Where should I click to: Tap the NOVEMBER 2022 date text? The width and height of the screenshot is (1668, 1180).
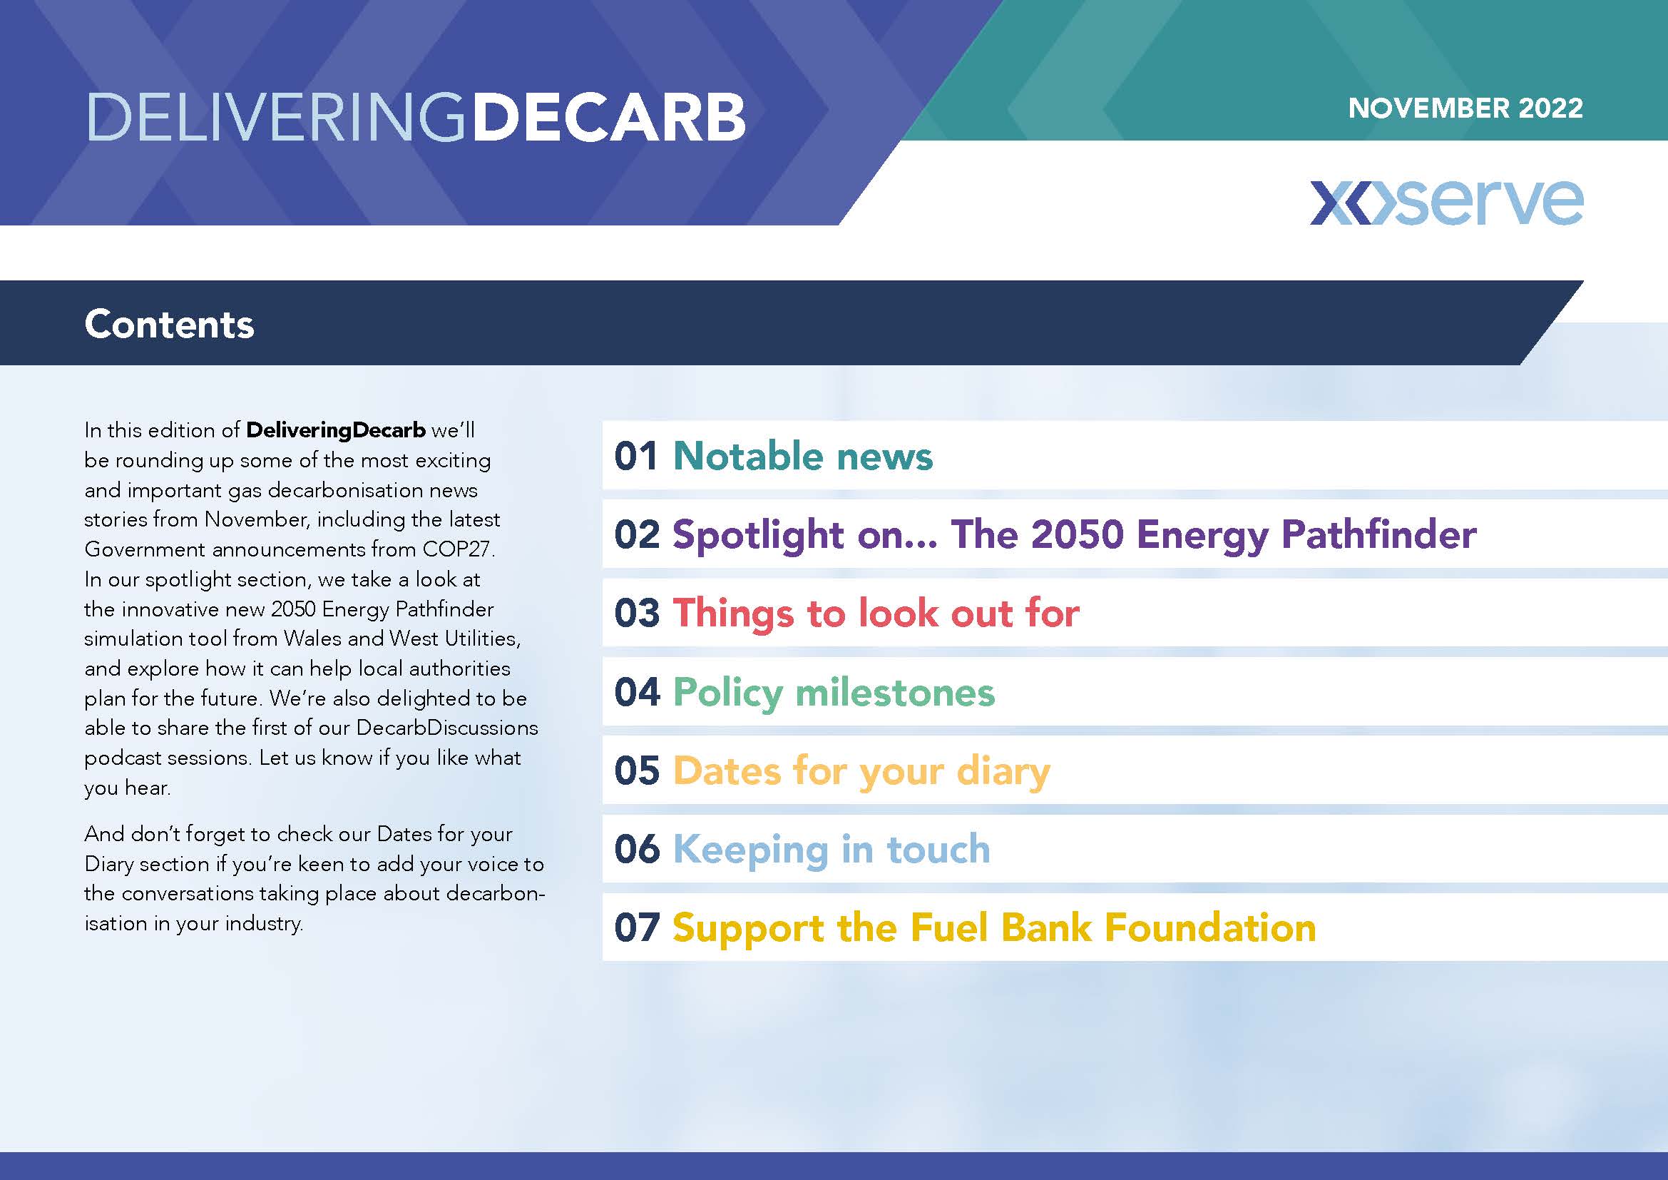pos(1465,108)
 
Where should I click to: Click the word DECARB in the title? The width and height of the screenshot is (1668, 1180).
pos(609,117)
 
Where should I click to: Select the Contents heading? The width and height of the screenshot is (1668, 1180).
pos(169,324)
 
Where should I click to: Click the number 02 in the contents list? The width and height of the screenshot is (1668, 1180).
pos(637,534)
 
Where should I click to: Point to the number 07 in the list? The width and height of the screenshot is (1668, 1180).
pos(637,928)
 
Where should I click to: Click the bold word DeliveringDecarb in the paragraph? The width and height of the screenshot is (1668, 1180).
pos(336,430)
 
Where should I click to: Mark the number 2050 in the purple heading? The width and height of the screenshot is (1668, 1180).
pos(1078,534)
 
